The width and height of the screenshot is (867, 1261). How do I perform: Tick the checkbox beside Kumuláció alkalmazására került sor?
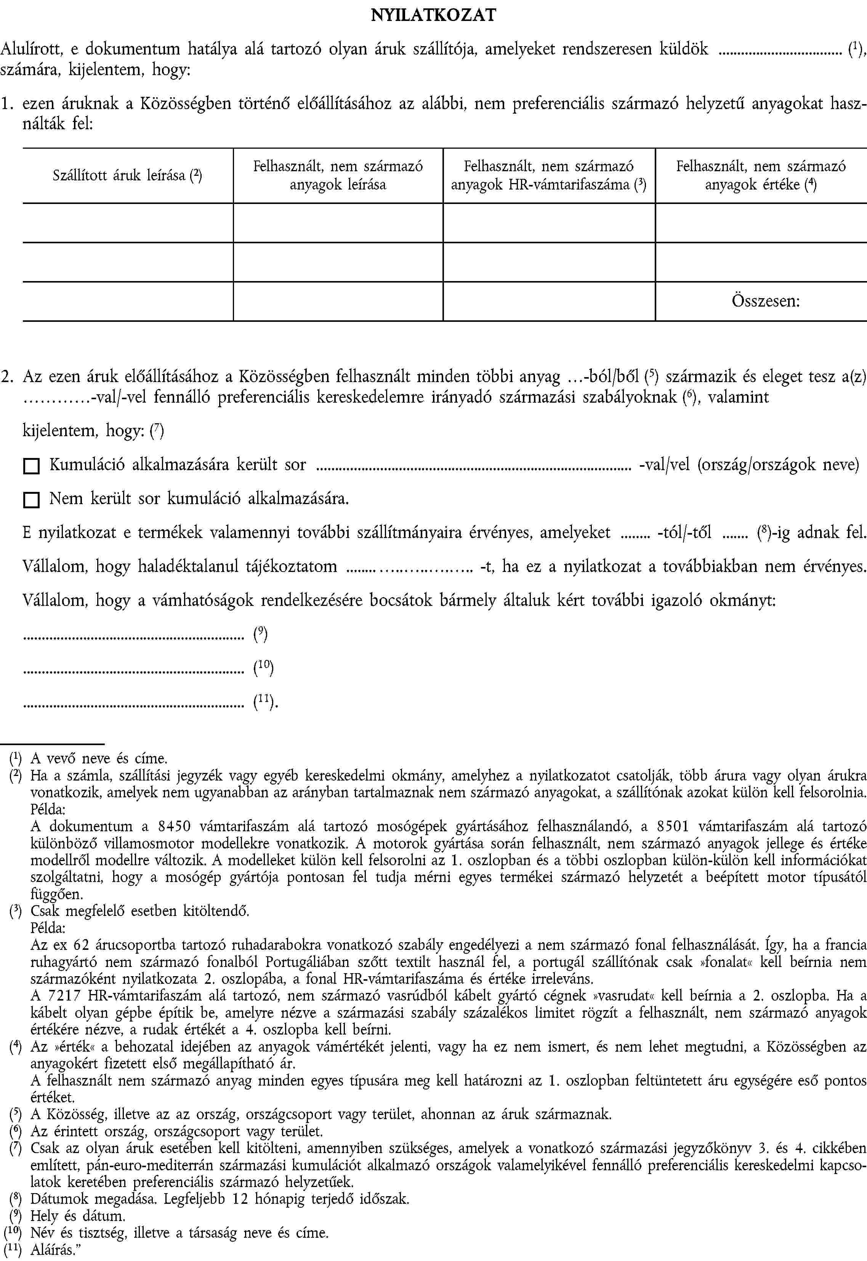coord(32,466)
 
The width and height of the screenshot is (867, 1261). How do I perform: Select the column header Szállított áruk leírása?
coord(127,175)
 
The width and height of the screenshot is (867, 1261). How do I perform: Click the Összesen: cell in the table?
coord(765,300)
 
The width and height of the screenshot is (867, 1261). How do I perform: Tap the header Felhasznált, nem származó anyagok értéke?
coord(761,175)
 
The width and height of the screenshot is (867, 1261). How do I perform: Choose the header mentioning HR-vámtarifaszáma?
coord(549,175)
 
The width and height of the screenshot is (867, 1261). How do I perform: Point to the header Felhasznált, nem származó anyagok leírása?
coord(338,175)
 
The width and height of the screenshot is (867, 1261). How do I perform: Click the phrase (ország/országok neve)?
coord(778,465)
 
